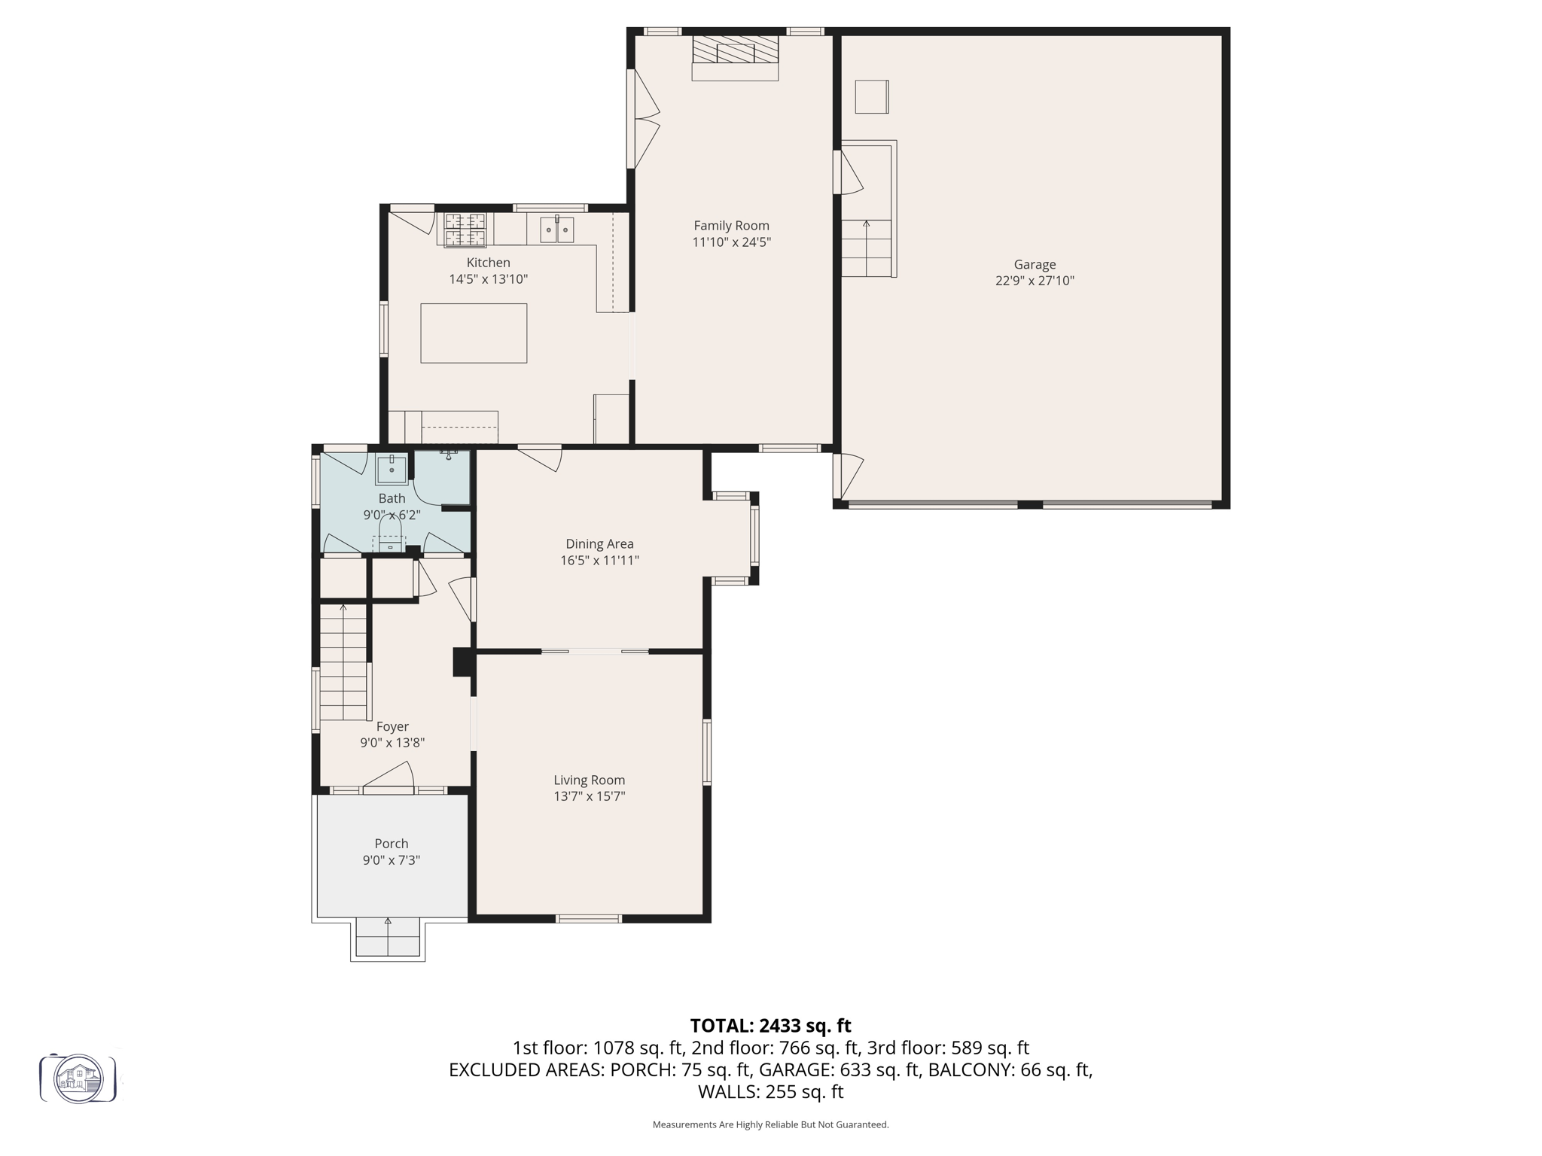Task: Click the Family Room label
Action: pyautogui.click(x=731, y=226)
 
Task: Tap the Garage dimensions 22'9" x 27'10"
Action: pyautogui.click(x=1035, y=281)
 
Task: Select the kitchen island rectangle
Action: pyautogui.click(x=474, y=333)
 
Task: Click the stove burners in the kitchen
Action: pyautogui.click(x=465, y=230)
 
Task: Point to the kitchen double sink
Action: pyautogui.click(x=557, y=229)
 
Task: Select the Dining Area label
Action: pyautogui.click(x=599, y=544)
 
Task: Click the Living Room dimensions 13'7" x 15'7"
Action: pyautogui.click(x=590, y=797)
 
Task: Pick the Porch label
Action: pyautogui.click(x=392, y=844)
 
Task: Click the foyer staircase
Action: pyautogui.click(x=343, y=662)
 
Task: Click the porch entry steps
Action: pyautogui.click(x=388, y=937)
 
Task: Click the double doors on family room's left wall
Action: pyautogui.click(x=642, y=119)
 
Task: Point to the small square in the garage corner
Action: pyautogui.click(x=871, y=96)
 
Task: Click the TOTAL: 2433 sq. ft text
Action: pyautogui.click(x=770, y=1026)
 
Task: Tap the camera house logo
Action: pyautogui.click(x=78, y=1078)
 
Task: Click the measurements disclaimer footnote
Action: pyautogui.click(x=770, y=1124)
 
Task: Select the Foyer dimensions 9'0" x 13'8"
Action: pyautogui.click(x=392, y=743)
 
